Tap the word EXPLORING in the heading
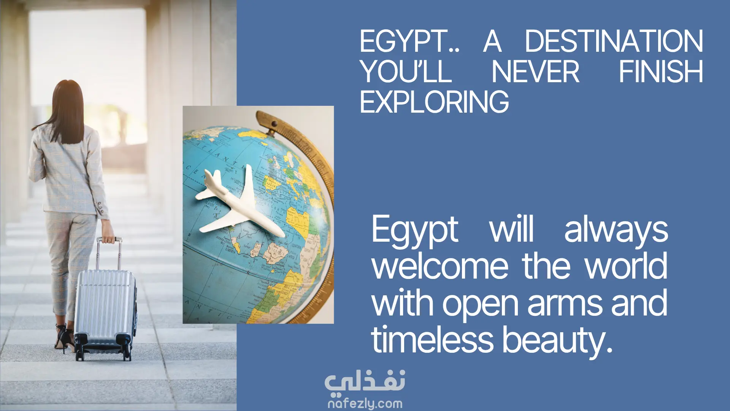pyautogui.click(x=434, y=102)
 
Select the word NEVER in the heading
pyautogui.click(x=535, y=72)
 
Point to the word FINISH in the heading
pyautogui.click(x=661, y=72)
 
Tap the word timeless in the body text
pyautogui.click(x=432, y=339)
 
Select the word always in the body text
pyautogui.click(x=616, y=231)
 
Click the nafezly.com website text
pyautogui.click(x=365, y=403)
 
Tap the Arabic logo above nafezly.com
pyautogui.click(x=365, y=381)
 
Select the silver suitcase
pyautogui.click(x=105, y=312)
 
